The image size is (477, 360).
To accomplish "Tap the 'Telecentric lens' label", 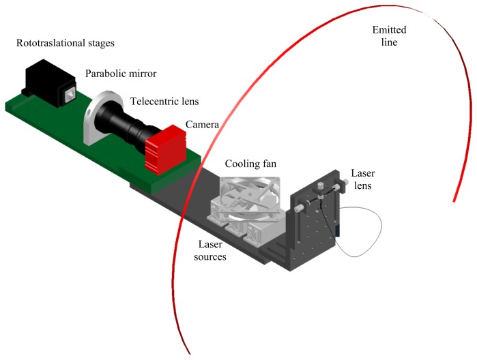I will coord(165,102).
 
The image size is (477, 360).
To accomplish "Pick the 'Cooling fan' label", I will coord(246,164).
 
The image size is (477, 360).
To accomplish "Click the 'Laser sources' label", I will coord(208,250).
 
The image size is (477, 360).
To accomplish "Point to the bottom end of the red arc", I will coord(188,351).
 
